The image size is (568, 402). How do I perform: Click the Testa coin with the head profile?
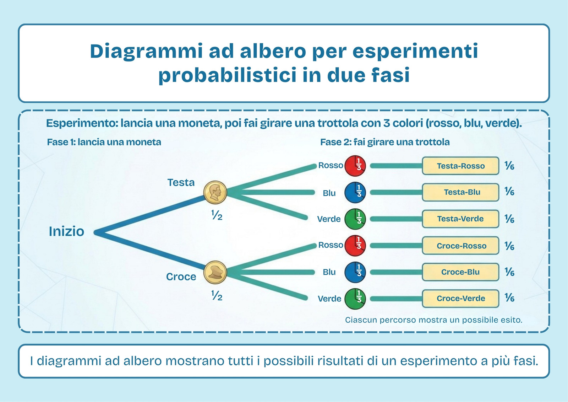tap(215, 192)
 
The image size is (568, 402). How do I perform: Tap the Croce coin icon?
tap(215, 273)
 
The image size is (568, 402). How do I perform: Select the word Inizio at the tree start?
tap(66, 231)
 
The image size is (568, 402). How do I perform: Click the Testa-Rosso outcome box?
tap(460, 166)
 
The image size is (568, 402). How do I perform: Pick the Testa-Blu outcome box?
tap(460, 192)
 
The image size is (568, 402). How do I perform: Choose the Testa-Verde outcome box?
tap(460, 219)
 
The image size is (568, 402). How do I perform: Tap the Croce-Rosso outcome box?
tap(460, 246)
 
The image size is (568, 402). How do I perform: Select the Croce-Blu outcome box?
tap(460, 272)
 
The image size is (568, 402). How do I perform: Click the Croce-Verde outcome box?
tap(460, 298)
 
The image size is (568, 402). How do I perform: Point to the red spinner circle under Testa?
tap(355, 166)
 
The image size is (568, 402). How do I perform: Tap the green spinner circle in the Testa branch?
tap(355, 219)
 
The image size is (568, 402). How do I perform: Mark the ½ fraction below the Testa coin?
tap(217, 216)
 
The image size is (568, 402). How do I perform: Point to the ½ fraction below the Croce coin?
tap(217, 296)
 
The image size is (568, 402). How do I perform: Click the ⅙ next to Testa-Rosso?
tap(509, 166)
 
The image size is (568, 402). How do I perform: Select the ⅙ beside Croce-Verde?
tap(509, 298)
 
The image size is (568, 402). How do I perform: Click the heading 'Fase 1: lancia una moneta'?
tap(104, 142)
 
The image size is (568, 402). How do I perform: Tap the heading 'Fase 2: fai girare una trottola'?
tap(385, 142)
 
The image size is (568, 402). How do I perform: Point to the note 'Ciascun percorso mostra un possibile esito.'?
tap(433, 320)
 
